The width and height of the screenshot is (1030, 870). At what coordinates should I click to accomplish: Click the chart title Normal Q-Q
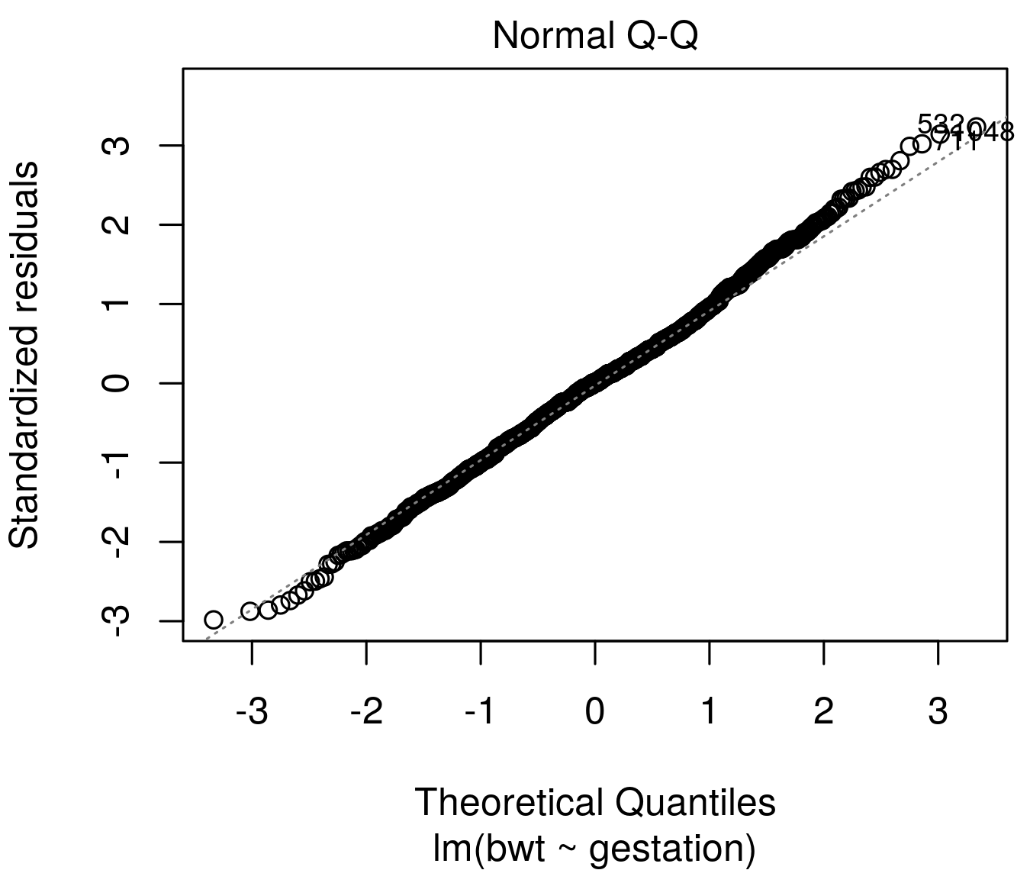tap(594, 36)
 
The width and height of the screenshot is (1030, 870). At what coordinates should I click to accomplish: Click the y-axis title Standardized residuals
tap(24, 354)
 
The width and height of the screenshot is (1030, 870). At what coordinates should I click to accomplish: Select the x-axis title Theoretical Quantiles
tap(594, 802)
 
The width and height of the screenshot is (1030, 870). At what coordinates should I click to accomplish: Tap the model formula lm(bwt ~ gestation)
tap(594, 848)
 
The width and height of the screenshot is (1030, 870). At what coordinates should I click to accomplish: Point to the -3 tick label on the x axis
tap(251, 712)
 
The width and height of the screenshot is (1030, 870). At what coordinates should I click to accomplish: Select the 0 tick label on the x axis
tap(595, 712)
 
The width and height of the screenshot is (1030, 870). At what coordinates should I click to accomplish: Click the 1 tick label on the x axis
tap(710, 712)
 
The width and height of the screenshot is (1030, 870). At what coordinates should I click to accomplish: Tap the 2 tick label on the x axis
tap(824, 712)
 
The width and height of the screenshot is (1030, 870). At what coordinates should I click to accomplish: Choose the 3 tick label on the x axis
tap(938, 712)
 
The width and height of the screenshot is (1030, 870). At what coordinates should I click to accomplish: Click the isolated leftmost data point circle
tap(214, 619)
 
